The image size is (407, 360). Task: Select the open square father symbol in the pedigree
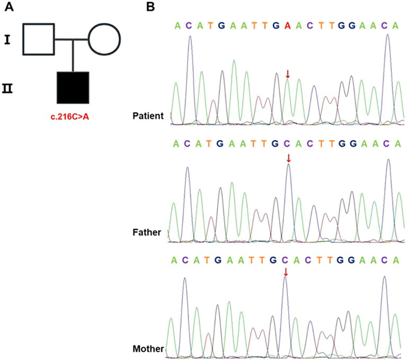tap(38, 39)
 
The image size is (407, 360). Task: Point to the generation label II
tap(8, 87)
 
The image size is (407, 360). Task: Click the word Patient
tap(149, 116)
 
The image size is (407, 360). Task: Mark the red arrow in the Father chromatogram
tap(288, 158)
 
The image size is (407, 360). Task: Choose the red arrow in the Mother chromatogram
tap(286, 272)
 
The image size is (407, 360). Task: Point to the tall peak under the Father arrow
tap(288, 175)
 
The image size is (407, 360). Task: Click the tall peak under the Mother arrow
tap(285, 289)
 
